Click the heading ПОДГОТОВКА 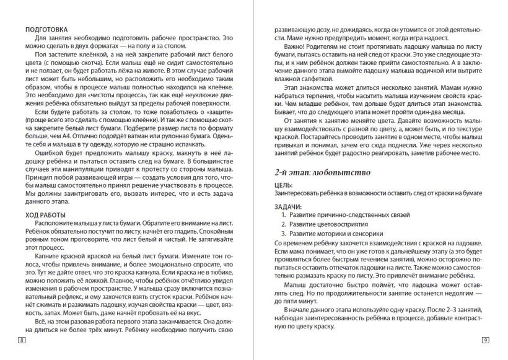[44, 30]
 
